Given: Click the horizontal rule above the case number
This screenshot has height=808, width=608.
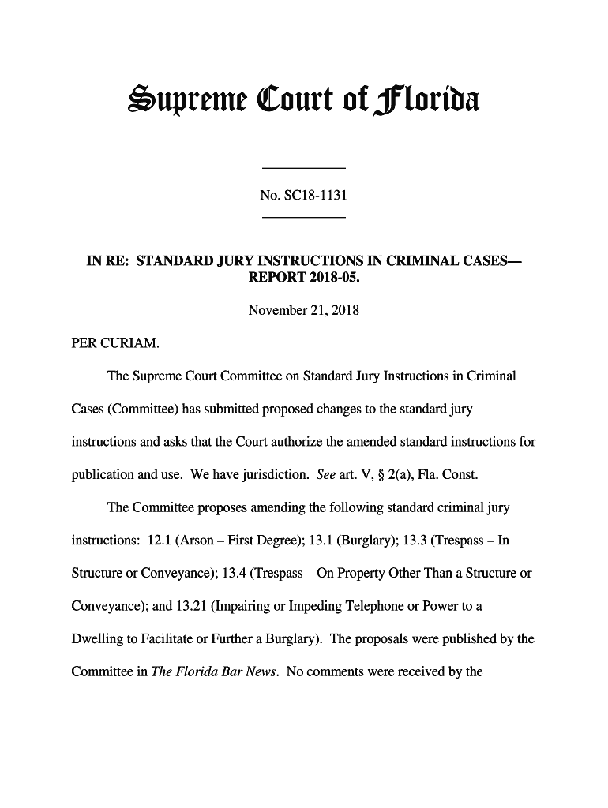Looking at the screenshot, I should point(304,169).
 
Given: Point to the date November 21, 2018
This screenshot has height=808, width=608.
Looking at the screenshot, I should point(303,310).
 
